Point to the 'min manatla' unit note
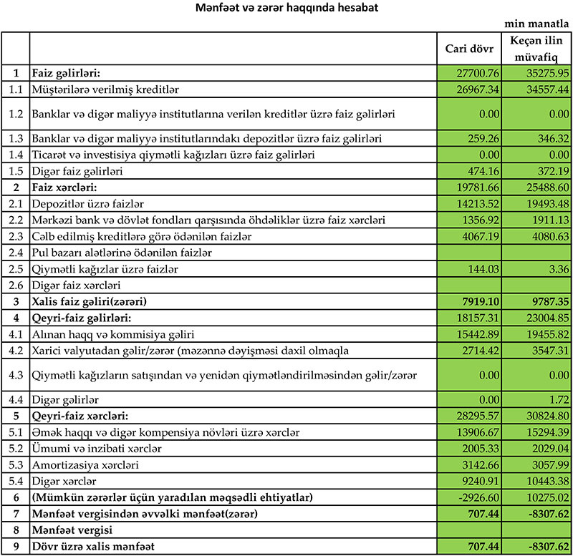click(539, 24)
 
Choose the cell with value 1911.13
click(546, 219)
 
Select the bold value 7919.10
click(481, 301)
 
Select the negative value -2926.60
click(478, 498)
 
